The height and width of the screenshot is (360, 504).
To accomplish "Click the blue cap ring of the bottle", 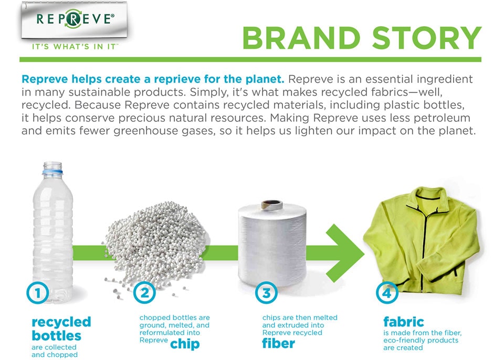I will (51, 171).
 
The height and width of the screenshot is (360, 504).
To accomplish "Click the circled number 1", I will (37, 294).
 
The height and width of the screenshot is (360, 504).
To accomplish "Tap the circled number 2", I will (145, 293).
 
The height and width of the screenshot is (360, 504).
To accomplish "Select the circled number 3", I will (266, 293).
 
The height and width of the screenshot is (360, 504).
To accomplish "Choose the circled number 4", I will (387, 293).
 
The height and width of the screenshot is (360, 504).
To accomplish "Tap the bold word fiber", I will (278, 344).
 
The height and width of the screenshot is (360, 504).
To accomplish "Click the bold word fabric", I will (403, 321).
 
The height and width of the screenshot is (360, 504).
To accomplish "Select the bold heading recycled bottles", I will (61, 329).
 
